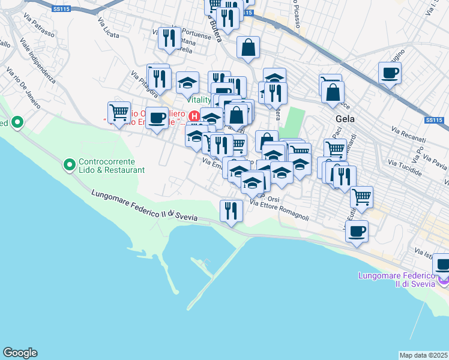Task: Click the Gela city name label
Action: [x=345, y=119]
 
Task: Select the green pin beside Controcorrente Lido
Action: [x=70, y=163]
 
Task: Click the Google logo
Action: [x=20, y=353]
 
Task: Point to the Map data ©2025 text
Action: [x=424, y=355]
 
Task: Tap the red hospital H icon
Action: [x=194, y=115]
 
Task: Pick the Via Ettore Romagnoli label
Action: [x=279, y=210]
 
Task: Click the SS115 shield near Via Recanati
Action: [x=433, y=120]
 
